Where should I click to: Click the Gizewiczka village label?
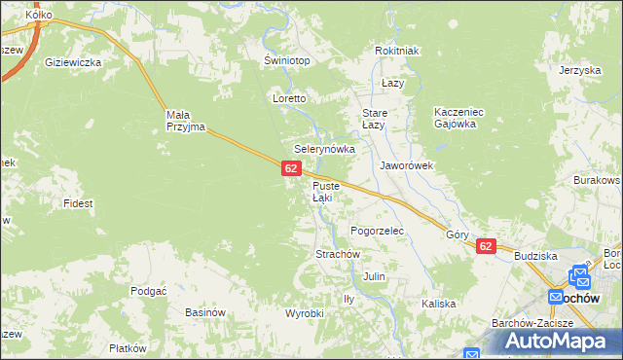click(x=73, y=62)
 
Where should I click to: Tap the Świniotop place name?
click(x=287, y=60)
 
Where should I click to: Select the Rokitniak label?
click(x=396, y=52)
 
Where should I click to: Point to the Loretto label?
click(x=290, y=99)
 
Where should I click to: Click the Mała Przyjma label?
click(x=184, y=120)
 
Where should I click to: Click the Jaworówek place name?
click(x=406, y=165)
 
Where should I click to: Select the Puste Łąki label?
click(x=322, y=192)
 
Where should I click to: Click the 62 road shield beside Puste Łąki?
click(x=291, y=169)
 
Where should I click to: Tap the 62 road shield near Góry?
click(x=487, y=247)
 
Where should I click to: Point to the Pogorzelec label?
click(x=377, y=231)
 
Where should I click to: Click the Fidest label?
click(x=77, y=203)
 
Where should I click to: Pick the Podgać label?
click(x=149, y=291)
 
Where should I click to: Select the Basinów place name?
click(x=205, y=312)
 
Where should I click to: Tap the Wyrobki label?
click(x=304, y=313)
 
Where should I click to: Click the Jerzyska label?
click(x=578, y=70)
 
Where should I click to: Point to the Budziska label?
click(x=535, y=256)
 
